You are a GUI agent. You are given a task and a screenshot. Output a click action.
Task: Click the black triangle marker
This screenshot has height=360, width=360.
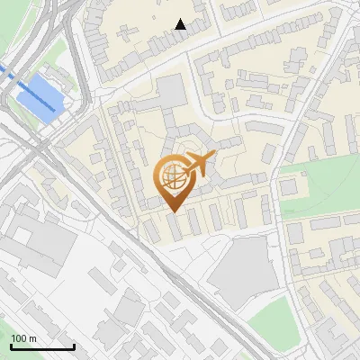pyautogui.click(x=180, y=24)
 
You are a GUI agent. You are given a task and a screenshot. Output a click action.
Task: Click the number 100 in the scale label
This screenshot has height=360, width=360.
pyautogui.click(x=20, y=338)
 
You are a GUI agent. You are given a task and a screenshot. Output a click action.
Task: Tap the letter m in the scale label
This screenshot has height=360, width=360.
pyautogui.click(x=33, y=338)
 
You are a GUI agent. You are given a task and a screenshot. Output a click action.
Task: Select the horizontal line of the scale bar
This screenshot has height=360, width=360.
pyautogui.click(x=41, y=347)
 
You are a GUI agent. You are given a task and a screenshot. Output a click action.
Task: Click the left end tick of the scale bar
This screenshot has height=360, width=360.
pyautogui.click(x=10, y=345)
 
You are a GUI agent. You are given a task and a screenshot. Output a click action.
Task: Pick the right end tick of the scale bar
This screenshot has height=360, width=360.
pyautogui.click(x=74, y=345)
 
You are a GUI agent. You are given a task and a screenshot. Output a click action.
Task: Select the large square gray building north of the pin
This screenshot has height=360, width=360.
pyautogui.click(x=173, y=91)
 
